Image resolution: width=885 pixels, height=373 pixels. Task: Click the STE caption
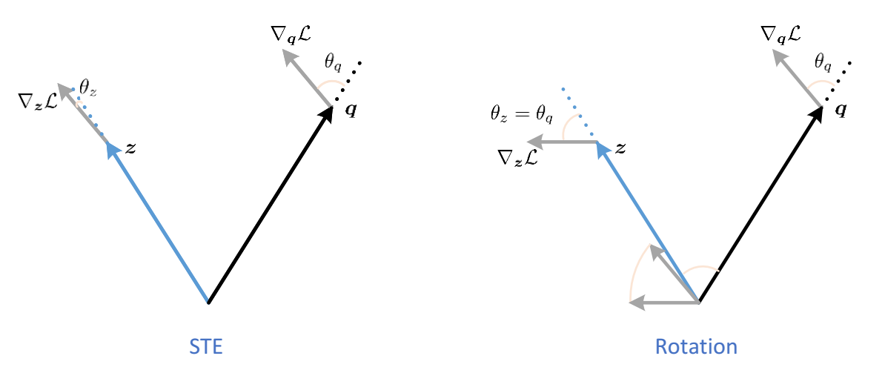click(206, 346)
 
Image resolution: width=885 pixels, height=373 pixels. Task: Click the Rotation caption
click(695, 346)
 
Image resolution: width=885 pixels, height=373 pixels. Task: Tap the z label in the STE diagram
click(131, 148)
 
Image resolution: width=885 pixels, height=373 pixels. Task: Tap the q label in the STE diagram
click(351, 110)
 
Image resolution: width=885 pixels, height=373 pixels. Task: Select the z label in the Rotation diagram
click(620, 148)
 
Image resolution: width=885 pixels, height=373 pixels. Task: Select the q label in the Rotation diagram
click(841, 110)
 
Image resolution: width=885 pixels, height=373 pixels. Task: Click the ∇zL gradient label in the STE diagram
click(37, 101)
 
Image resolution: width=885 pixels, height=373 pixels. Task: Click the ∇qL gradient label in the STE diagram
click(291, 33)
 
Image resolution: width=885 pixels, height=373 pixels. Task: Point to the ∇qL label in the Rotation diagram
click(780, 33)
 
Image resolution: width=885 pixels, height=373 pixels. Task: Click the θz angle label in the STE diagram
click(88, 90)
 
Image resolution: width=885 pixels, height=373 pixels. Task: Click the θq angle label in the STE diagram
click(334, 62)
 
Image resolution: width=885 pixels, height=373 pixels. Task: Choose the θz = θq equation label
click(522, 113)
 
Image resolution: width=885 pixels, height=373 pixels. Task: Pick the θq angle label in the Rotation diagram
click(823, 62)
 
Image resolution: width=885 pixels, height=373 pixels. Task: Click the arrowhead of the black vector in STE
click(326, 113)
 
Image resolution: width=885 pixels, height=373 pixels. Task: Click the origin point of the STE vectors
click(208, 302)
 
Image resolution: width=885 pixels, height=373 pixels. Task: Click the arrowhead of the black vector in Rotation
click(816, 113)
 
